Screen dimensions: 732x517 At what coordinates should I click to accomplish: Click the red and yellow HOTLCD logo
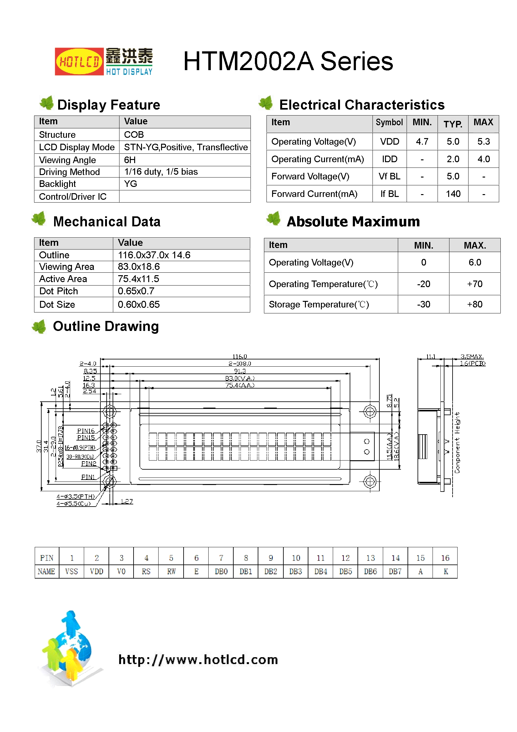pos(79,62)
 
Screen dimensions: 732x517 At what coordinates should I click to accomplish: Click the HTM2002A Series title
pos(288,61)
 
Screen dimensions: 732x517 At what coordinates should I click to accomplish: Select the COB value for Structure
pos(134,135)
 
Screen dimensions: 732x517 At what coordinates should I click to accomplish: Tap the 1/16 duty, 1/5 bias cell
pos(161,172)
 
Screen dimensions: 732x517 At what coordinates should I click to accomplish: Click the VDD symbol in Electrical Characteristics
pos(389,142)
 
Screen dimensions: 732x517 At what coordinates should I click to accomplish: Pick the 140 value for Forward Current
pos(453,194)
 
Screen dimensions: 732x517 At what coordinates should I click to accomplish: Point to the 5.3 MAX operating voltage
pos(483,142)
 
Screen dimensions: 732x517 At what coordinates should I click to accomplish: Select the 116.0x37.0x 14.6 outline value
pos(154,255)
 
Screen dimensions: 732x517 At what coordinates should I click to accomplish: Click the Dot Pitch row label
pos(58,291)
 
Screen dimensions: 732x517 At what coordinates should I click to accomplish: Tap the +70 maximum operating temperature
pos(474,284)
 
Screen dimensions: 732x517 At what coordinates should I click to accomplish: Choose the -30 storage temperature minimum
pos(423,304)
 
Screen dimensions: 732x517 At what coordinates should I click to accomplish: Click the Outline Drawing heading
pos(106,327)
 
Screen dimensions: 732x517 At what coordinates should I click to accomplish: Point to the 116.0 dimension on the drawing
pos(240,356)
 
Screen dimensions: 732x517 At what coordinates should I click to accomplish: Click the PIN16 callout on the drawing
pos(86,431)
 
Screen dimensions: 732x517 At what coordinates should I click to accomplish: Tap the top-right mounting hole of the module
pos(369,412)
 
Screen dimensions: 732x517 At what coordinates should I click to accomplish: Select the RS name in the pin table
pos(146,571)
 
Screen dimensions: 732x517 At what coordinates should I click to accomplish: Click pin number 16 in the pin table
pos(445,558)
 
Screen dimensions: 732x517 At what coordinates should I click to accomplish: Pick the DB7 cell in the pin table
pos(395,571)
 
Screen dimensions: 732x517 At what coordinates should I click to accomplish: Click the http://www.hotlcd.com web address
pos(198,660)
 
